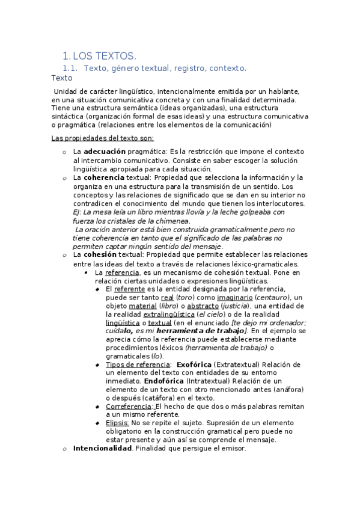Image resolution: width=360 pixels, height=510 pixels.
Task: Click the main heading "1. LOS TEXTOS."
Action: point(100,57)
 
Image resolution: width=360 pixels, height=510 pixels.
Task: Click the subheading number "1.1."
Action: point(72,69)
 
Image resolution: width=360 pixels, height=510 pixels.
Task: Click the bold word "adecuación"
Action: point(105,152)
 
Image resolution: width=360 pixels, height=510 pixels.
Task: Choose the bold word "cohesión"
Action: point(99,255)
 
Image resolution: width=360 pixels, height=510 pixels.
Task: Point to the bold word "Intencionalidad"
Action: point(102,448)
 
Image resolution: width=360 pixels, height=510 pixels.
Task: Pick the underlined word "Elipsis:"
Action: point(117,423)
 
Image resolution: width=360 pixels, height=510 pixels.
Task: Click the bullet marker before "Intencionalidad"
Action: point(64,448)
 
